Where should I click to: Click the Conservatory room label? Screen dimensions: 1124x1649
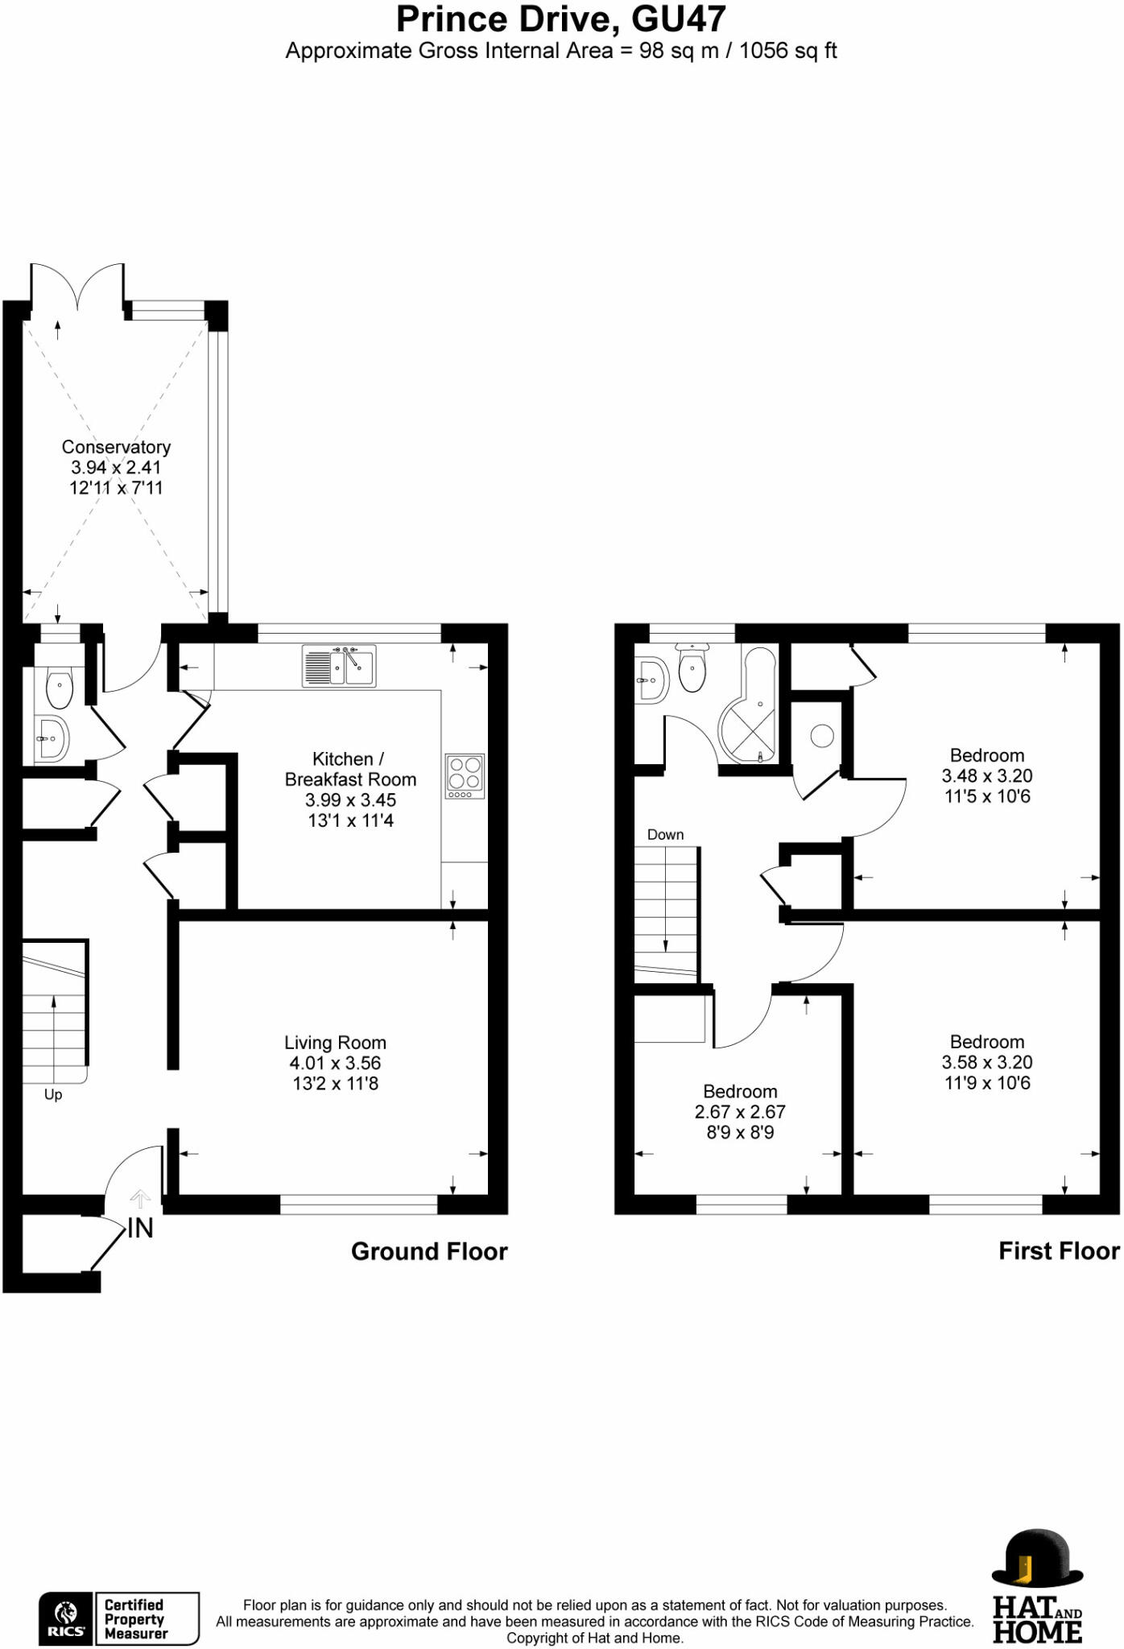[116, 447]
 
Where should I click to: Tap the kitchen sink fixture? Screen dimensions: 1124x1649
[339, 667]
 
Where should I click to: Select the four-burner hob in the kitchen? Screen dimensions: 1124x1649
[465, 777]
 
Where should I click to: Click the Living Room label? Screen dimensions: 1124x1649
[335, 1043]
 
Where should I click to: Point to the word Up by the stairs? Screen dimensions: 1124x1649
[53, 1095]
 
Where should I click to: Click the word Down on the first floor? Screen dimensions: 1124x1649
[665, 835]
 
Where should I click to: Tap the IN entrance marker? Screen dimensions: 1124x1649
[140, 1228]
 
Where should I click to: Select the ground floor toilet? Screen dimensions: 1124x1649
[60, 688]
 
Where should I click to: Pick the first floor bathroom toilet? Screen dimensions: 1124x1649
[692, 667]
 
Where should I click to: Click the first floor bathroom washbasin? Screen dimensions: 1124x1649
[651, 680]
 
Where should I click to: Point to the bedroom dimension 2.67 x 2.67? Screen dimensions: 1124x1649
[740, 1112]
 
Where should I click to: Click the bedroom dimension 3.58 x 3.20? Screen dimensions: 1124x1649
[987, 1063]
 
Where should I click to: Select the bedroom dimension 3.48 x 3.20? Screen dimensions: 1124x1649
[987, 776]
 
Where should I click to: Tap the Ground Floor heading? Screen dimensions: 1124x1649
[429, 1252]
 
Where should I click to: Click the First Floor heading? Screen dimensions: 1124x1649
[1059, 1251]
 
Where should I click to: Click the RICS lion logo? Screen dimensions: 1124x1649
[66, 1618]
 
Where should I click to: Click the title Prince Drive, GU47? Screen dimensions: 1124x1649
[561, 19]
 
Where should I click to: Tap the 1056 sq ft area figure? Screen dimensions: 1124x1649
[788, 52]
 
